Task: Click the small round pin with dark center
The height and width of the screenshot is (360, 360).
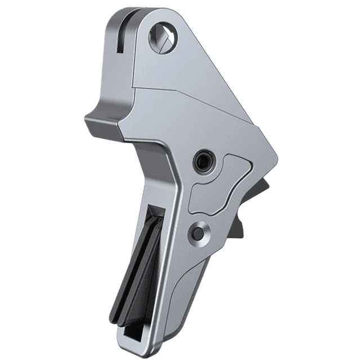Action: click(197, 232)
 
